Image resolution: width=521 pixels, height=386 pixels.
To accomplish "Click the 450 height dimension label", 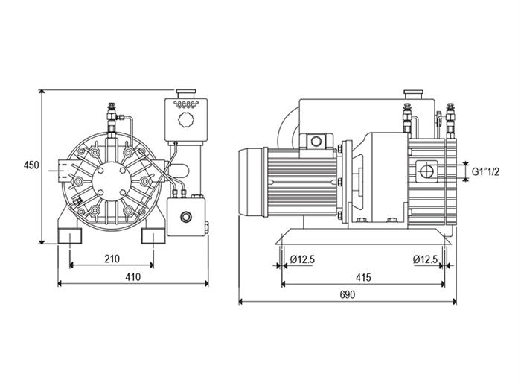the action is (31, 165).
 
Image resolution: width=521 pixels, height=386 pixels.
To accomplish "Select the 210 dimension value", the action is (112, 259).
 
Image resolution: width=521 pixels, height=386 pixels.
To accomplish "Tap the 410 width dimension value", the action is (133, 276).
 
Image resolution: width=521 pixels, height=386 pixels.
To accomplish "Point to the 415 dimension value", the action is (363, 277).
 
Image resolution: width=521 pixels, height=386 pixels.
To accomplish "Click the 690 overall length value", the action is (348, 294).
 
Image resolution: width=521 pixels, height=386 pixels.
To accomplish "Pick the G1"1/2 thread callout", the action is (485, 171).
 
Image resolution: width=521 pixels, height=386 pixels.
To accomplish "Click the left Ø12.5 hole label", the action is (302, 259).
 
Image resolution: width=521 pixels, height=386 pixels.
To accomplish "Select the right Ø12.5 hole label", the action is (426, 259).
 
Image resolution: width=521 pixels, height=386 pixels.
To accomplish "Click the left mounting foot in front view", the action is (70, 236).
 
